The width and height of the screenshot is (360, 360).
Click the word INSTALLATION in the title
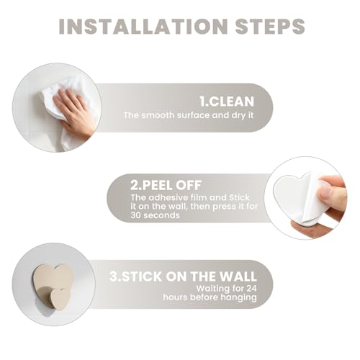tap(143, 26)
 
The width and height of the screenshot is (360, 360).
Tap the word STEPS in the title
tap(270, 26)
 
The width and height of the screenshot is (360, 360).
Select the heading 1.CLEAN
tap(227, 102)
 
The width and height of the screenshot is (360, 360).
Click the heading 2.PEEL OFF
tap(166, 185)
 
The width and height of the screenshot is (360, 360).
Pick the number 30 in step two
tap(136, 215)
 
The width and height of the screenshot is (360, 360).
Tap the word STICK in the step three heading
tap(142, 276)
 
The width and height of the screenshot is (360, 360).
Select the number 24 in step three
tap(251, 288)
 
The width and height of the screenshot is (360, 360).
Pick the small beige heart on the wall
tap(60, 297)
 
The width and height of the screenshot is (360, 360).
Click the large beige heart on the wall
tap(53, 279)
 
